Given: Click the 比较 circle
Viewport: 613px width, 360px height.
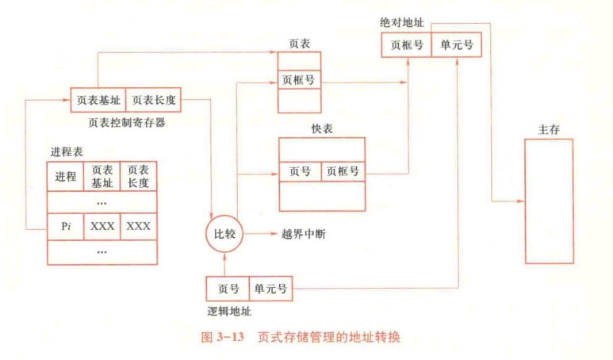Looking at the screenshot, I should [x=224, y=234].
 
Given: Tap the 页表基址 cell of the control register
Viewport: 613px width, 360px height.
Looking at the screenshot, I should [x=98, y=100].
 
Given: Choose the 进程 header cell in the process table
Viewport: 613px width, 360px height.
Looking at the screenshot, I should [x=66, y=176].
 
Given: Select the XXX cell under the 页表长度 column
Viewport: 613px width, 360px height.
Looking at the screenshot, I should [x=138, y=226].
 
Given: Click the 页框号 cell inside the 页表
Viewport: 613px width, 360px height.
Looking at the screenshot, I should [x=299, y=81].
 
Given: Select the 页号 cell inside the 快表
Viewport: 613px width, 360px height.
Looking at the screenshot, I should [x=300, y=171].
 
